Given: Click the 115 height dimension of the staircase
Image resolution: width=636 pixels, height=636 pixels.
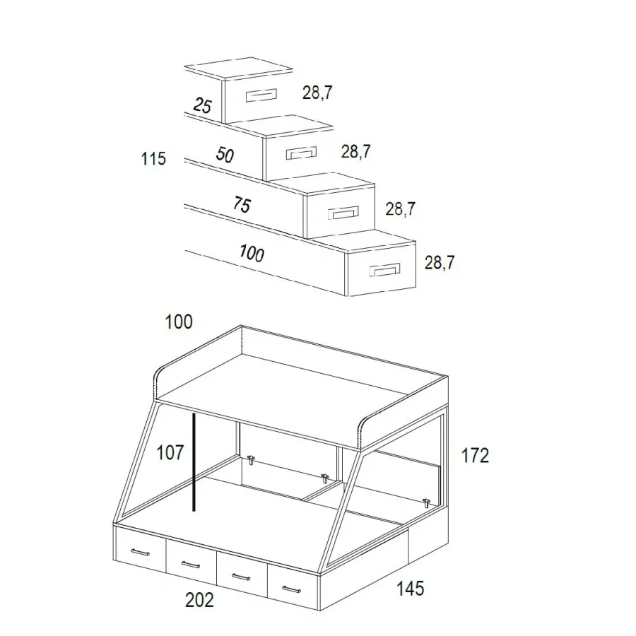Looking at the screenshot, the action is [x=153, y=158].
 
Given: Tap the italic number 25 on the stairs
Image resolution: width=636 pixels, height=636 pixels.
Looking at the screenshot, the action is [x=202, y=105].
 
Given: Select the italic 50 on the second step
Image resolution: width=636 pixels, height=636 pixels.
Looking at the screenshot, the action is [x=225, y=155].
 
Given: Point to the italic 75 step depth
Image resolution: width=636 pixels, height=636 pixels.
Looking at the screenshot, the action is [x=242, y=204].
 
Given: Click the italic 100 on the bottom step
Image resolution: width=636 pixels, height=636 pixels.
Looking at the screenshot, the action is [x=252, y=254].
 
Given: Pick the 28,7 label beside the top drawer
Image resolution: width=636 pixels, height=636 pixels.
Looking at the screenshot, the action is [x=317, y=93].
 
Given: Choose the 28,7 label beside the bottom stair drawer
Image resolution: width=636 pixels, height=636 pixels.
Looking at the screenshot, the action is [x=440, y=263].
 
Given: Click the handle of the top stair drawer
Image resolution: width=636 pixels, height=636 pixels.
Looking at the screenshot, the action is [x=261, y=95].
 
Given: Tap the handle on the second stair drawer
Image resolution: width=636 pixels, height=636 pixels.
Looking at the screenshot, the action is [x=301, y=153].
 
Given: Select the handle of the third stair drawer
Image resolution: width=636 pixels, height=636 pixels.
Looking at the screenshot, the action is [x=343, y=213].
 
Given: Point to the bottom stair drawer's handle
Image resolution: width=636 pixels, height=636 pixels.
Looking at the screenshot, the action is [x=385, y=270].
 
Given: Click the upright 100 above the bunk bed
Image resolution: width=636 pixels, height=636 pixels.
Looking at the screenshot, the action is [x=179, y=322].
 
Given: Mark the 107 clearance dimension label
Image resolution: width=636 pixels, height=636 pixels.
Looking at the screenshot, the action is [x=170, y=453].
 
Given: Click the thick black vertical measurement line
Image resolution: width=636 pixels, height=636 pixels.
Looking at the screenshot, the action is [x=194, y=462].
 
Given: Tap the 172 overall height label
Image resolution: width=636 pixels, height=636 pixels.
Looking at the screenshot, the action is [x=475, y=456].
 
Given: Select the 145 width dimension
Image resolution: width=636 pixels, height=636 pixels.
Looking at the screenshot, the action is [x=410, y=589].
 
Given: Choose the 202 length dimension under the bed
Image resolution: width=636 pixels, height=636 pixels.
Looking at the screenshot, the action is [x=199, y=600].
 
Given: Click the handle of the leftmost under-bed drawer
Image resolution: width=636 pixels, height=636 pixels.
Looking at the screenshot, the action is [x=141, y=552].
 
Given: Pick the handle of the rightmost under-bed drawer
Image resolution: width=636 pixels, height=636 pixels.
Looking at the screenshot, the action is [x=291, y=589].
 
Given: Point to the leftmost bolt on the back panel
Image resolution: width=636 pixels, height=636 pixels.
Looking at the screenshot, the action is [x=251, y=460].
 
